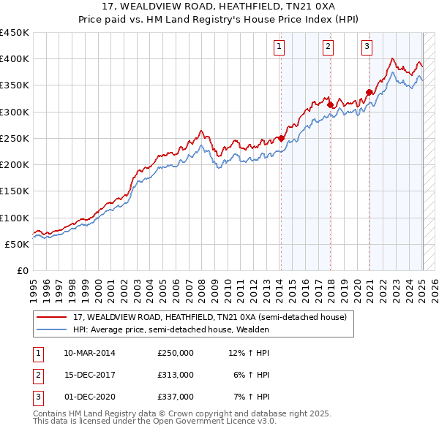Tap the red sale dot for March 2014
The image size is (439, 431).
tap(281, 139)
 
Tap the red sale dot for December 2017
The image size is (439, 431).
tap(331, 105)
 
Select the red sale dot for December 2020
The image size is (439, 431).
tap(369, 92)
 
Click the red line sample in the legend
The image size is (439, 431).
tap(51, 317)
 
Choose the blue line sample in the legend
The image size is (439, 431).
tap(51, 329)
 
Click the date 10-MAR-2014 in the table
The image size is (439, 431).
tap(89, 353)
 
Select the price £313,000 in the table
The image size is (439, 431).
tap(176, 374)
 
